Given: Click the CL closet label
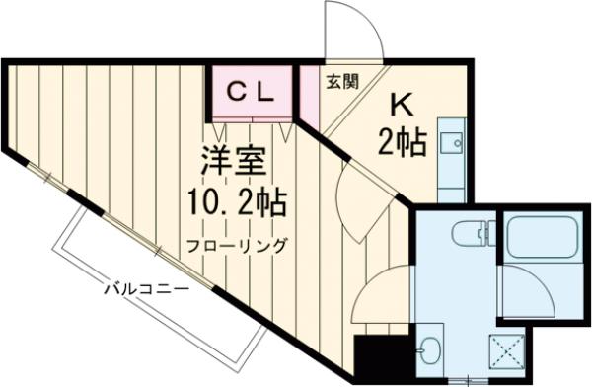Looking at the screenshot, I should (x=251, y=91).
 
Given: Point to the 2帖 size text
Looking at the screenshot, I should (x=402, y=143).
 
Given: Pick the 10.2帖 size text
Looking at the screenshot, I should (x=237, y=205).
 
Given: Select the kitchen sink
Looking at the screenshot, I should (x=450, y=142).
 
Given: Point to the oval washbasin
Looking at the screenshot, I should (x=430, y=349).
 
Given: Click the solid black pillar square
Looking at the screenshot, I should (x=373, y=359).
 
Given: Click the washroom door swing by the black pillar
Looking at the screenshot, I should (x=380, y=296).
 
